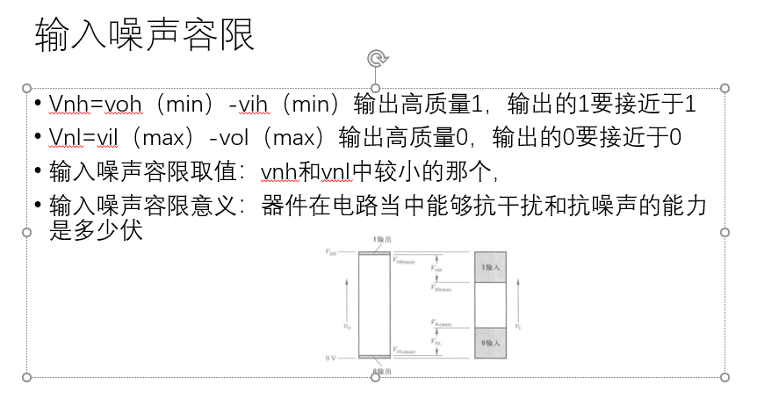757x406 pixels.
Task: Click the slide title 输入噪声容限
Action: tap(145, 36)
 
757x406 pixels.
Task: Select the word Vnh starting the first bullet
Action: tap(65, 105)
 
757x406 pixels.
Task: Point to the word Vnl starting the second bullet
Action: tap(63, 137)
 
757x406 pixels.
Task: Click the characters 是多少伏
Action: tap(97, 233)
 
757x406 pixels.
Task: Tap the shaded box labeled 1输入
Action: tap(490, 267)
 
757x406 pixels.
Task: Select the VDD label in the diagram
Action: tap(330, 252)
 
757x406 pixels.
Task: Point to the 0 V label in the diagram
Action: tap(331, 358)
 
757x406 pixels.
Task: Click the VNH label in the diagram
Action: tap(437, 269)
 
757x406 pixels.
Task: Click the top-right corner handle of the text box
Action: tap(725, 88)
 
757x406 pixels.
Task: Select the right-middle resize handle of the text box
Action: tap(725, 232)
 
